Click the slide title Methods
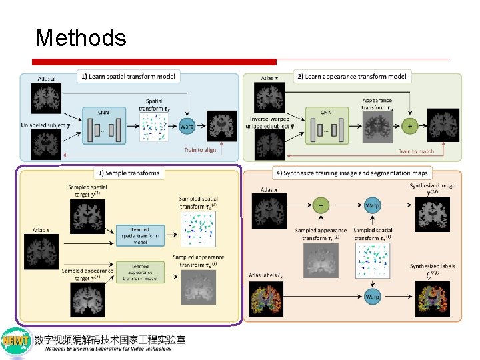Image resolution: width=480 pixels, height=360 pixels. pos(81,38)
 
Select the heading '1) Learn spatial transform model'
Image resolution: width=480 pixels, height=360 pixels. pos(128,77)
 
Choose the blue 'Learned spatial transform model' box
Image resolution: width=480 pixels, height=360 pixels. pos(139,235)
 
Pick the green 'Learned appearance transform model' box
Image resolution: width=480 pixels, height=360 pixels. pos(139,271)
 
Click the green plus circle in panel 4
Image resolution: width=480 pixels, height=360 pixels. pos(321,205)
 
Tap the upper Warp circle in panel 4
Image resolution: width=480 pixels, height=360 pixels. pos(372,205)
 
